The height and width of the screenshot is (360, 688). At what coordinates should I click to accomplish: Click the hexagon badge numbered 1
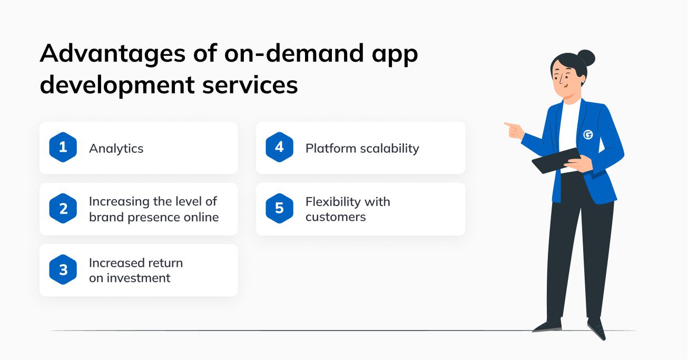pos(63,147)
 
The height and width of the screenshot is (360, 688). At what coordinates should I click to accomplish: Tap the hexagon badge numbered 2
pos(63,208)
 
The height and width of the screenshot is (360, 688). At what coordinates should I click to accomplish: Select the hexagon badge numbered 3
pos(63,270)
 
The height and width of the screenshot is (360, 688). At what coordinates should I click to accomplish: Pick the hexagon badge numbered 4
pos(280,147)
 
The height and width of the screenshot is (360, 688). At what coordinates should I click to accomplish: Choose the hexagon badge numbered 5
pos(280,208)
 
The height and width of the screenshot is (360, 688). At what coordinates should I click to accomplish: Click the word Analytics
pos(116,149)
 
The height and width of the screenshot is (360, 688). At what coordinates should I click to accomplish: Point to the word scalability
pos(389,149)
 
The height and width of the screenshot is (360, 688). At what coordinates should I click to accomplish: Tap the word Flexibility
pos(333,202)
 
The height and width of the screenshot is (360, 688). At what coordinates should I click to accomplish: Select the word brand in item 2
pos(106,217)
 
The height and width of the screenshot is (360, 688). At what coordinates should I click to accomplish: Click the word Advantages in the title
pos(113,54)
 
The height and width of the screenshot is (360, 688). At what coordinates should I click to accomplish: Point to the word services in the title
pos(250,85)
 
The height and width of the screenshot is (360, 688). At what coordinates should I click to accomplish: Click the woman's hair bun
pos(586,58)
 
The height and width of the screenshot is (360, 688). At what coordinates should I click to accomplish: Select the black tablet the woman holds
pos(555,160)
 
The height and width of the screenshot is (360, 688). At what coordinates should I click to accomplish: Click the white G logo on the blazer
pos(588,134)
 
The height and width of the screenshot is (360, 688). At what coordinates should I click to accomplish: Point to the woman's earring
pos(582,83)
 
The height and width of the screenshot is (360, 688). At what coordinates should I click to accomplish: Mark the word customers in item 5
pos(336,217)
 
